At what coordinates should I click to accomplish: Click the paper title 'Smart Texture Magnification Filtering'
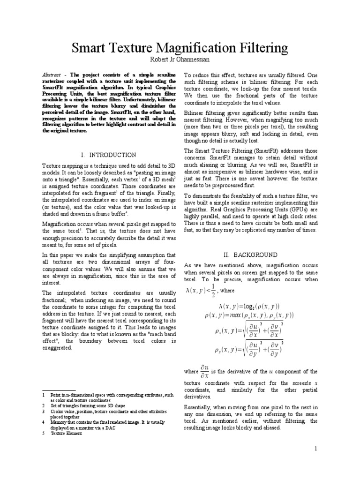click(x=180, y=48)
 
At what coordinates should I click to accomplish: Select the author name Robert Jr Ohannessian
click(x=180, y=60)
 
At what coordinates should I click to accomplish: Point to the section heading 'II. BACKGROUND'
click(x=250, y=255)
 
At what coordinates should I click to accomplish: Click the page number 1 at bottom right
click(x=316, y=449)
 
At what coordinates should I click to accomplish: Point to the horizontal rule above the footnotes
click(x=59, y=390)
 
